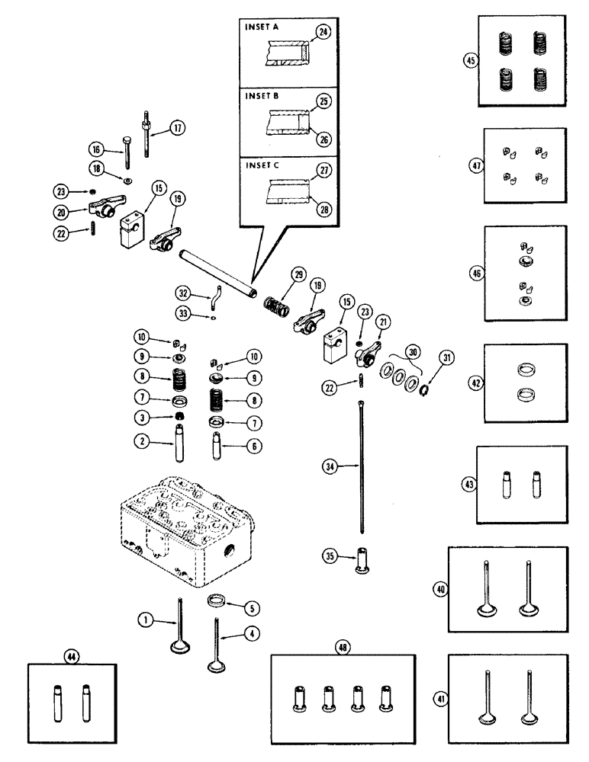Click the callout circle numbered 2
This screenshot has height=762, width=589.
[141, 441]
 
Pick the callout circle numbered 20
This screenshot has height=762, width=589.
[70, 213]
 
